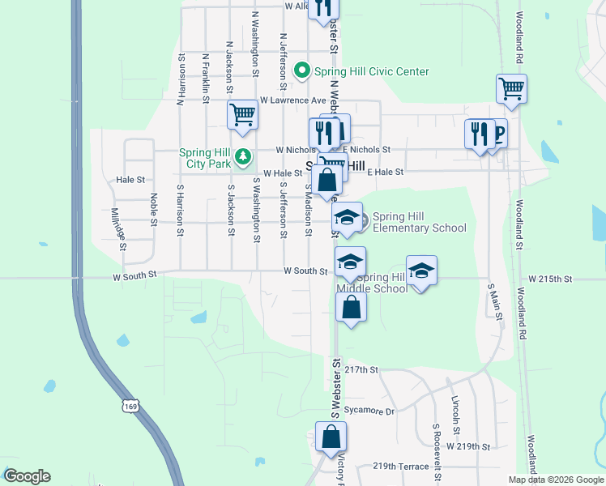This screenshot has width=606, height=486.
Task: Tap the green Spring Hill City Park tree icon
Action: pos(241,156)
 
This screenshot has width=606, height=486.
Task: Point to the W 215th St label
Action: pos(550,278)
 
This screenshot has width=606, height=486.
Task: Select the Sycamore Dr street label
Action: pos(369,411)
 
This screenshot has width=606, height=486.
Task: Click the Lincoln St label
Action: pos(457,413)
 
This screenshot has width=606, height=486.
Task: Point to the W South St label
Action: pos(305,271)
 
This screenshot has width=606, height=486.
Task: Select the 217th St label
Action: pos(361,369)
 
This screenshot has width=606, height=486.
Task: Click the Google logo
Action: pos(26,476)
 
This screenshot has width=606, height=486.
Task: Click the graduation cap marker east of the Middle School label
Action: pos(421,271)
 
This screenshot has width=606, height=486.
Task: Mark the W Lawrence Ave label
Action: pos(292,100)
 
